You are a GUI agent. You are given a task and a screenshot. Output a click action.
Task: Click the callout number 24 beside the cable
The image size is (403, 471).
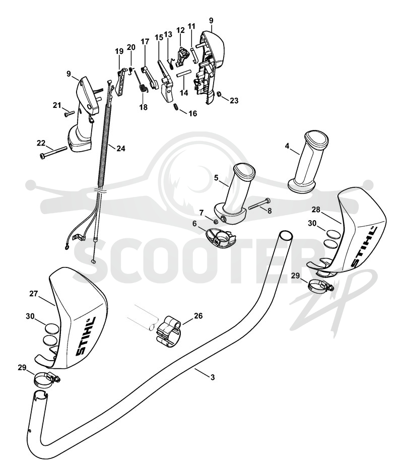(x=120, y=149)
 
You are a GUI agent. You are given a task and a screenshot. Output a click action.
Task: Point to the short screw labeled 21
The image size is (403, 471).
(x=69, y=113)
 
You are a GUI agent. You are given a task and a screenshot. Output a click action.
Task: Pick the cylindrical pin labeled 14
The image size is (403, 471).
(x=184, y=74)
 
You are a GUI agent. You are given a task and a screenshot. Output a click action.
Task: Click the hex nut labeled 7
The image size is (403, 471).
(x=215, y=221)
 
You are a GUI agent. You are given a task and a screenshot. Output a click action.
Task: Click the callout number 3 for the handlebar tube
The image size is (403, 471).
(x=213, y=377)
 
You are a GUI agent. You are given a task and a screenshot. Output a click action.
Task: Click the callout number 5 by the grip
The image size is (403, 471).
(x=217, y=178)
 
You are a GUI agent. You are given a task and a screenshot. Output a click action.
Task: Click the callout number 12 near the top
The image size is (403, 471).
(x=180, y=30)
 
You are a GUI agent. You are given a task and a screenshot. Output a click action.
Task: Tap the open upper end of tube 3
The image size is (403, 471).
(x=286, y=235)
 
